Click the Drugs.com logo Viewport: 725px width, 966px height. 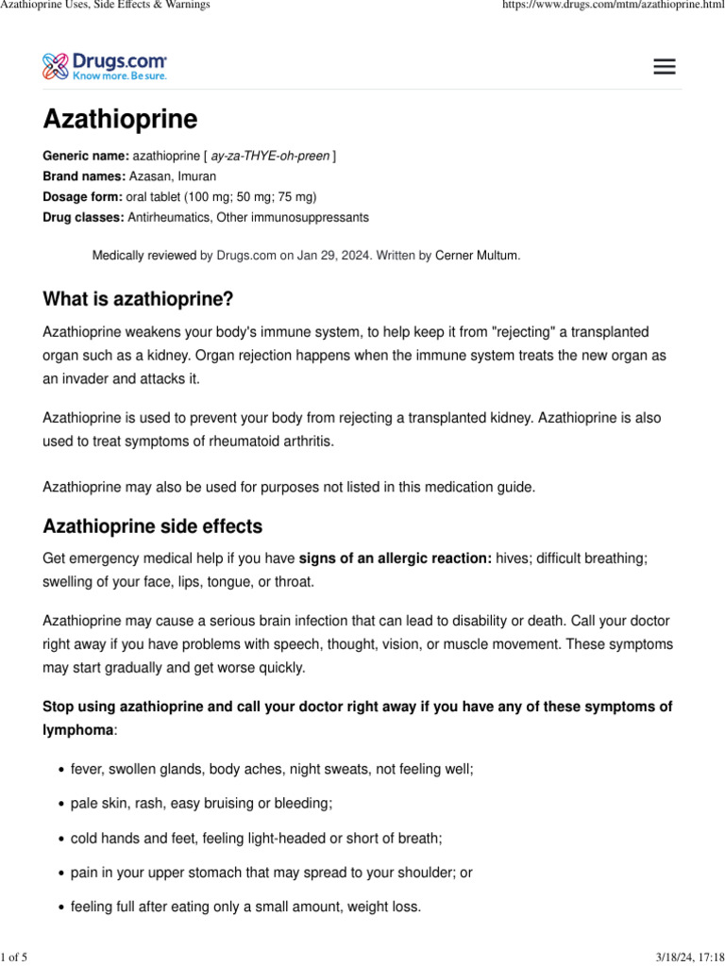[105, 66]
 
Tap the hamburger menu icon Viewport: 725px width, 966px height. [665, 67]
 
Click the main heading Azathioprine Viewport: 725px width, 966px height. [120, 120]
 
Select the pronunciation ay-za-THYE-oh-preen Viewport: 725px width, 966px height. [270, 155]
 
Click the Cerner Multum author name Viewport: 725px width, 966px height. [477, 255]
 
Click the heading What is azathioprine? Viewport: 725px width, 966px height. [138, 299]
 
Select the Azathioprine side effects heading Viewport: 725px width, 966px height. [152, 526]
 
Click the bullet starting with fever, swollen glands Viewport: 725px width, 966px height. [272, 769]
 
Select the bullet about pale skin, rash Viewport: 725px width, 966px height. [201, 804]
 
